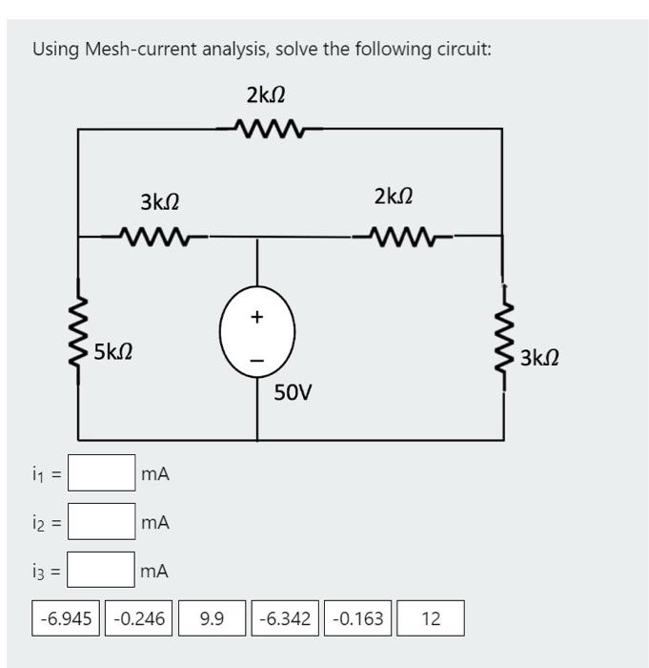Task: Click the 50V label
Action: click(x=294, y=392)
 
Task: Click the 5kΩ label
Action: click(x=113, y=352)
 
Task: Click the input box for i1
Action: click(x=101, y=472)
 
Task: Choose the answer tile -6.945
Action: click(x=66, y=618)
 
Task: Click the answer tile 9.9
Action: click(x=212, y=618)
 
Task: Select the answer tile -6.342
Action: click(x=285, y=618)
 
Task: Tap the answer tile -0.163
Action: click(x=358, y=618)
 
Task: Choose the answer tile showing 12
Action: click(x=431, y=618)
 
